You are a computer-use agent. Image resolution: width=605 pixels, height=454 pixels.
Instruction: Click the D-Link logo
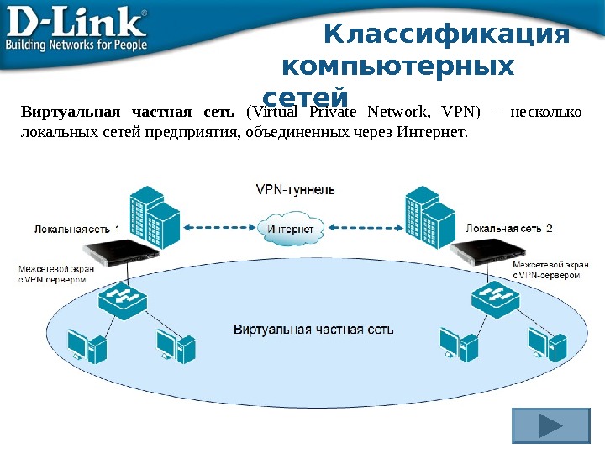pyautogui.click(x=76, y=20)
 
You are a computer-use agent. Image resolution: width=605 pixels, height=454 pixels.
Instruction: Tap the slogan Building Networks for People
pyautogui.click(x=76, y=44)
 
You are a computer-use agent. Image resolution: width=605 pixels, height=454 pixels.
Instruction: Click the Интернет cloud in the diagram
pyautogui.click(x=291, y=228)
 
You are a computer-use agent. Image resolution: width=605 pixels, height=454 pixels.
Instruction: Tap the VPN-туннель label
pyautogui.click(x=295, y=189)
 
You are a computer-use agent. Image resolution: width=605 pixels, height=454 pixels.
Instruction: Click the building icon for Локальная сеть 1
pyautogui.click(x=155, y=214)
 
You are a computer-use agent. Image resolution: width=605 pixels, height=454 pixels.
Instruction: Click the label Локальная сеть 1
pyautogui.click(x=76, y=228)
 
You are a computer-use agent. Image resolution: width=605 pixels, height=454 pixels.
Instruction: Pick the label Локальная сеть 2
pyautogui.click(x=509, y=228)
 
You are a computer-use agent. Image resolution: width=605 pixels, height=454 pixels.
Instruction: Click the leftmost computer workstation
pyautogui.click(x=87, y=345)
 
